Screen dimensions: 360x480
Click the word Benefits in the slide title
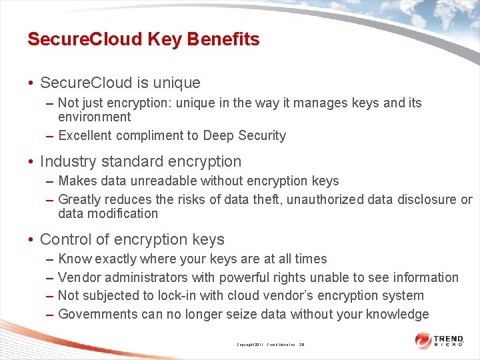coord(223,39)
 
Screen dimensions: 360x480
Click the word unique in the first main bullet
coord(177,83)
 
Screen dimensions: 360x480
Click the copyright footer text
coord(270,345)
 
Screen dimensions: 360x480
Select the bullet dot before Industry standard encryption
coord(31,162)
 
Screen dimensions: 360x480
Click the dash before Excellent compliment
coord(50,136)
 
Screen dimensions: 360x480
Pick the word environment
coord(94,117)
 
